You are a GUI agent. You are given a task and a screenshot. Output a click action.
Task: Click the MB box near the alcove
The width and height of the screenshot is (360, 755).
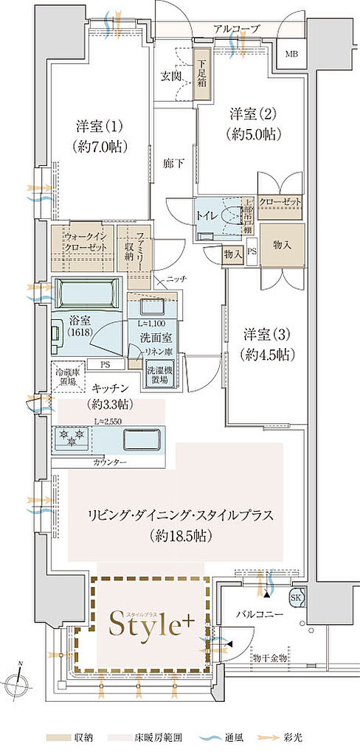point(292,53)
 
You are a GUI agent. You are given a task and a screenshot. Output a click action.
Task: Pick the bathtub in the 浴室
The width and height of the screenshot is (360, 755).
point(86,293)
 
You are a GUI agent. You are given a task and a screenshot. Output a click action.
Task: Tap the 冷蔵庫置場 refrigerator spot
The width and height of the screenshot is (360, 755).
point(67,377)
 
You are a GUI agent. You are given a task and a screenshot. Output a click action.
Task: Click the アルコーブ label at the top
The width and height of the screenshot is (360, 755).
point(236,29)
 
